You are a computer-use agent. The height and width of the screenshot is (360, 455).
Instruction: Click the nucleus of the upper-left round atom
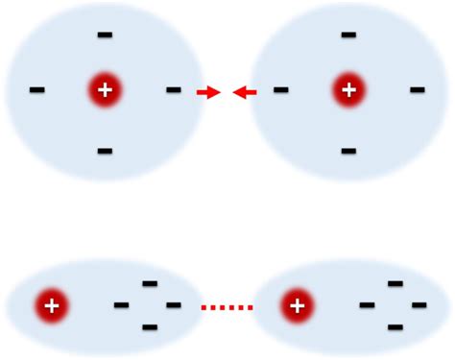point(105,90)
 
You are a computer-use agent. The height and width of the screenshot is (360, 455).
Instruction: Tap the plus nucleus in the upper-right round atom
point(348,90)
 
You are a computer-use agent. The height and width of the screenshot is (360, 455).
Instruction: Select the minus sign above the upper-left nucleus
point(105,36)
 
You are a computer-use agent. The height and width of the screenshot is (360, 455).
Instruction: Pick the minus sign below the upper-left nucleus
point(105,151)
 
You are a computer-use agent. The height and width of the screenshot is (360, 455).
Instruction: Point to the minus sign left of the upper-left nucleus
point(37,90)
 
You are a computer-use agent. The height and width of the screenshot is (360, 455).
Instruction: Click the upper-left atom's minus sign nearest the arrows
point(173,90)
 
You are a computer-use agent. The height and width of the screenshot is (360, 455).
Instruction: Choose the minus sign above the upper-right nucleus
point(348,36)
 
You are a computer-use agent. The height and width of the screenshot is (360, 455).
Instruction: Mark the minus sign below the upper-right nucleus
point(348,151)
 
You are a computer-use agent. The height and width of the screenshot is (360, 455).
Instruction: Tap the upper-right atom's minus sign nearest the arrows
point(280,90)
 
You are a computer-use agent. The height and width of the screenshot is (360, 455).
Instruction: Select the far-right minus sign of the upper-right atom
point(417,90)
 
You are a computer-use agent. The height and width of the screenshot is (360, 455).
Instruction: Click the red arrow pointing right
point(208,92)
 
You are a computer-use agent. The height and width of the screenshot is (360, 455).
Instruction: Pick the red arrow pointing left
point(245,92)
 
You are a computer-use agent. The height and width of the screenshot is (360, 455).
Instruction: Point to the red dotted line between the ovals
point(227,307)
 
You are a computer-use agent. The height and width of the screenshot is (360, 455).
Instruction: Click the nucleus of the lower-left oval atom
point(52,306)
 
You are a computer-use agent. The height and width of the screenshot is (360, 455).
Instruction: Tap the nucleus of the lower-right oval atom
point(298,306)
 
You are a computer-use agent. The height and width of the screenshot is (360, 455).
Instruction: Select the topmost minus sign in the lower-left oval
point(150,283)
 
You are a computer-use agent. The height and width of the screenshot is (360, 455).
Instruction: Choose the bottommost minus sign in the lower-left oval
point(150,327)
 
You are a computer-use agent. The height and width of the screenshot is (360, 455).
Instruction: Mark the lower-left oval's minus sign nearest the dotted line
point(173,305)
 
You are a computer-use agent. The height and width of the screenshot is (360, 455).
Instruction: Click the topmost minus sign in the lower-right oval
point(395,283)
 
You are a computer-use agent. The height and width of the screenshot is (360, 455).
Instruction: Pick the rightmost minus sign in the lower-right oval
point(419,305)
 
